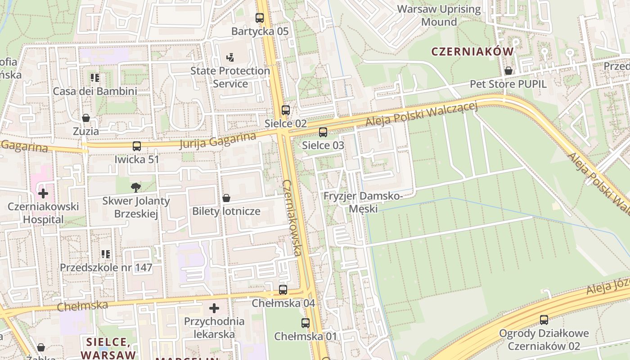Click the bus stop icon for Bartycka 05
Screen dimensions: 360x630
(260, 18)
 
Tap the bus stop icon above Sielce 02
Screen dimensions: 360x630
(286, 110)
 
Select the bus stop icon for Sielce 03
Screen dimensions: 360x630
(323, 132)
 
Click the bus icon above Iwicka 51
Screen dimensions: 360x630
(137, 146)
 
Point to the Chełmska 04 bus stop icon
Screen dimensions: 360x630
(283, 290)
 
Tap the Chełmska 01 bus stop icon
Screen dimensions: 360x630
(306, 323)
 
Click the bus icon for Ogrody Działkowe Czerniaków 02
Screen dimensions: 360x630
(544, 320)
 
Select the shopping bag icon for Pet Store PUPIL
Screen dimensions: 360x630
(508, 71)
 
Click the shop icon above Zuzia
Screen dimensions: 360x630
(86, 118)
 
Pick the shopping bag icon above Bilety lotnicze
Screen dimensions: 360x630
(226, 198)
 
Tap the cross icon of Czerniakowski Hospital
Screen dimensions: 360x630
(43, 194)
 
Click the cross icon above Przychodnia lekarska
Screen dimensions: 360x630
(214, 308)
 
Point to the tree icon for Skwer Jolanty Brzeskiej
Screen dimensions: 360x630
(135, 188)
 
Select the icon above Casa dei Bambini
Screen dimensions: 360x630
(95, 78)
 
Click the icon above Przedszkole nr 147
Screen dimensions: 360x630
(106, 254)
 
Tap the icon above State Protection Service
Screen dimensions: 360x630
(230, 58)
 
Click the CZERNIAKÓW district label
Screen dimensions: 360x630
(472, 51)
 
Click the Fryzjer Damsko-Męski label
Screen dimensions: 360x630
(363, 202)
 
